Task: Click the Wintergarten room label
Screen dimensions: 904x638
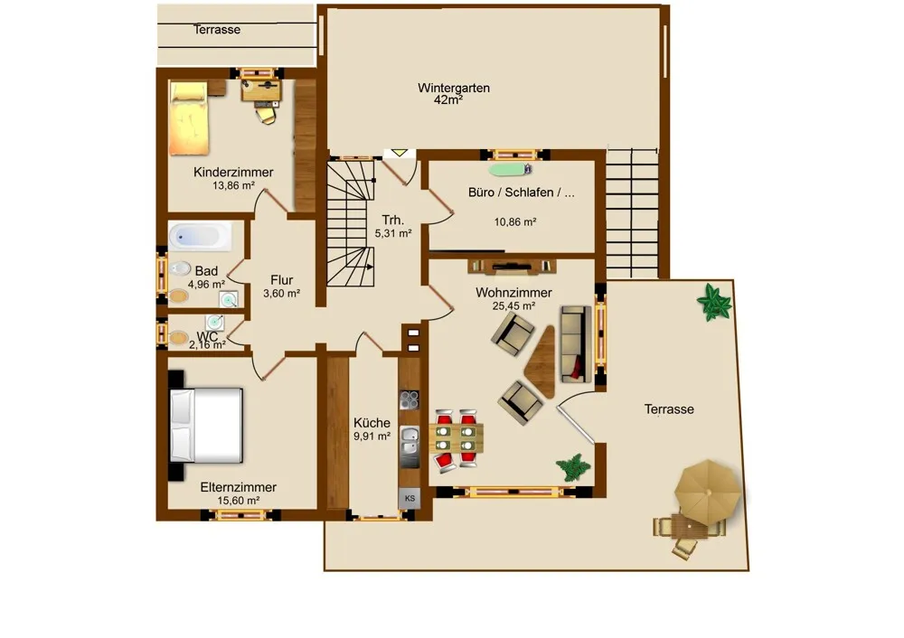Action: coord(454,89)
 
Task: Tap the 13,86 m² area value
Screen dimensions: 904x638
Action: coord(233,185)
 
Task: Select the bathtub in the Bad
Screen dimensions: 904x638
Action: coord(200,236)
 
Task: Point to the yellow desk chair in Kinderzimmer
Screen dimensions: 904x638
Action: coord(267,115)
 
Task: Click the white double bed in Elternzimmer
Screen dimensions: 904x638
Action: coord(205,426)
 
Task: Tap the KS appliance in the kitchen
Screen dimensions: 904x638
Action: coord(410,499)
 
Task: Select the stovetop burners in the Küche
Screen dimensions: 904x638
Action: coord(410,399)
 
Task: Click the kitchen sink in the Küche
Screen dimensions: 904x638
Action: coord(410,440)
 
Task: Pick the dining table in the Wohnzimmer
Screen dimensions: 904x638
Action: coord(456,438)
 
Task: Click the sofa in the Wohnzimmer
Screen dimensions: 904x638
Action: coord(575,344)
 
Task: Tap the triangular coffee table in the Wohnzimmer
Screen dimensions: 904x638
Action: coord(541,362)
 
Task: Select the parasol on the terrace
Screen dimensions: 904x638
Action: coord(708,492)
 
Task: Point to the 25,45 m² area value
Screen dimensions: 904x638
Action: coord(513,306)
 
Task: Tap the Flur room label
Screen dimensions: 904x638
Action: coord(281,280)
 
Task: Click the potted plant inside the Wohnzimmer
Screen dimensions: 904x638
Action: coord(572,467)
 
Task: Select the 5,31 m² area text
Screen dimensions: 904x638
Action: coord(393,233)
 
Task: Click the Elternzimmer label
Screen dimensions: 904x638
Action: coord(238,487)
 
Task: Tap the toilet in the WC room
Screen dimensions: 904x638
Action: coord(178,337)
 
